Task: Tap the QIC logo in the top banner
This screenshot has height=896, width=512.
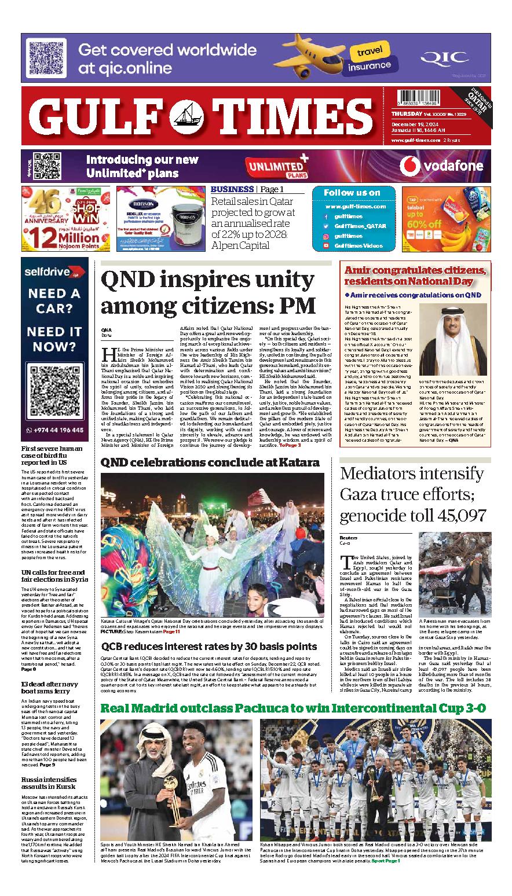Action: pos(444,57)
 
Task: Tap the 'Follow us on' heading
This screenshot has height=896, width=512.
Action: pos(353,193)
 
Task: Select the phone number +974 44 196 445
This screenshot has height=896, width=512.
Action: pos(58,430)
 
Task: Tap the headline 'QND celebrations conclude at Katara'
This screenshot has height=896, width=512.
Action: pos(210,462)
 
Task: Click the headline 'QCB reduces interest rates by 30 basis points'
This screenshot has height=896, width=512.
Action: pos(209,647)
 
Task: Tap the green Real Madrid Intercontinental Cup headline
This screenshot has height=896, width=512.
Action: pos(292,708)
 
